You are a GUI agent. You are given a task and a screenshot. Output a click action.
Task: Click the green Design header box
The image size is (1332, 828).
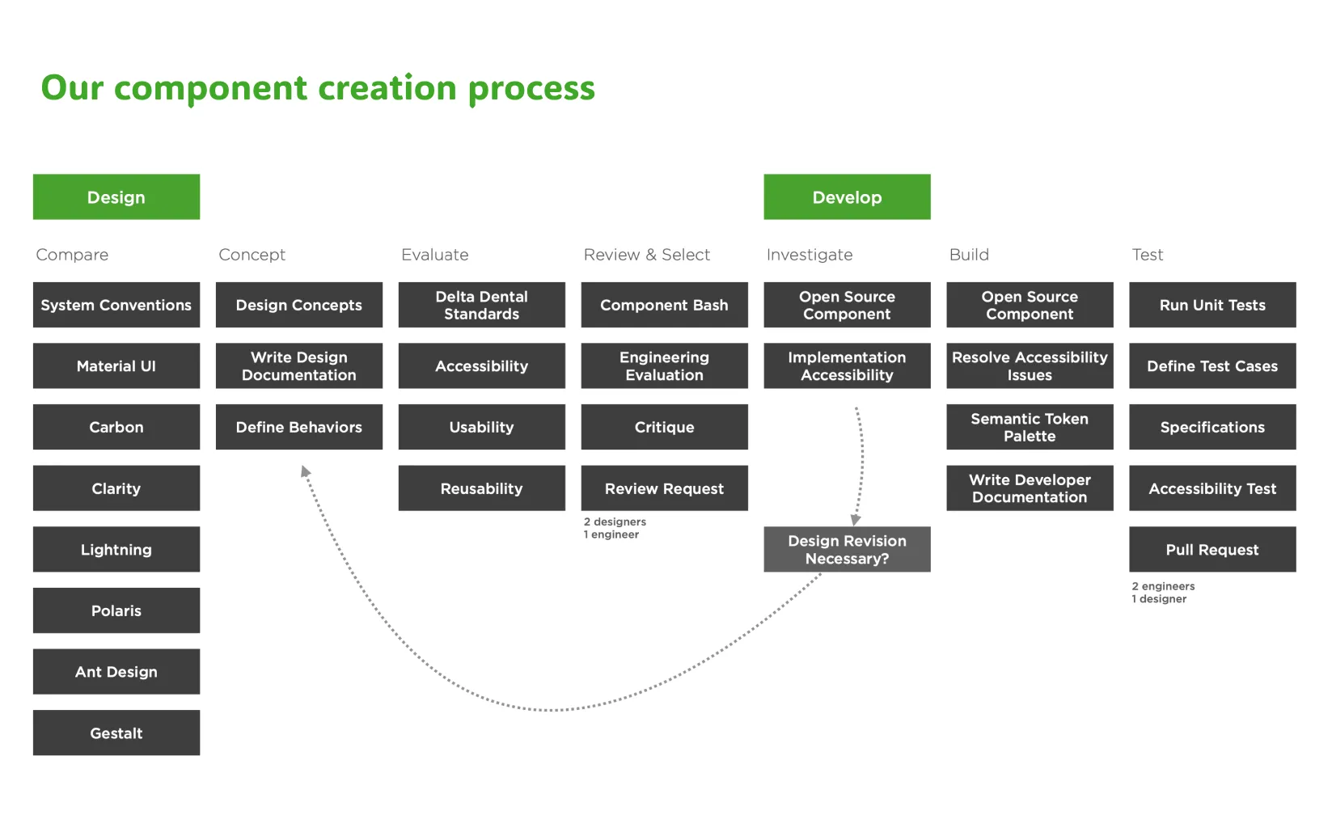pos(116,196)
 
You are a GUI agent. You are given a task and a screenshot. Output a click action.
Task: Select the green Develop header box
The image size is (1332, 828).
pos(846,196)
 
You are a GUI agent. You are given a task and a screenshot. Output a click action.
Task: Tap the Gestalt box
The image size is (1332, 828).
pos(116,733)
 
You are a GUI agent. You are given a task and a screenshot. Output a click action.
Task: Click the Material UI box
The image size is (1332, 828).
pos(116,365)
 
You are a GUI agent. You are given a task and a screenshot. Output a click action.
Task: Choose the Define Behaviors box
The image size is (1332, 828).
pos(298,427)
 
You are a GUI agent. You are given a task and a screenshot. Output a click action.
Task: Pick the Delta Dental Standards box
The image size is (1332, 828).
pos(481,305)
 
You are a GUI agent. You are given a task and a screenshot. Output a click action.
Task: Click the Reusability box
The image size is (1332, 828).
pos(481,488)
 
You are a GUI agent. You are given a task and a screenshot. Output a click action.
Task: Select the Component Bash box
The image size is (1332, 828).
pos(664,305)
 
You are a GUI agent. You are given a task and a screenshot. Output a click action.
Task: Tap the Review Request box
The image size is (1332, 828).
pos(664,488)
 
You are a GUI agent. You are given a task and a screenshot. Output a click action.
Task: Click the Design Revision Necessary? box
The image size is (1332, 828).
pos(846,549)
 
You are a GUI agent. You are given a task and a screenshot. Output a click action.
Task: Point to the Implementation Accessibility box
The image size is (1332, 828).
pos(846,365)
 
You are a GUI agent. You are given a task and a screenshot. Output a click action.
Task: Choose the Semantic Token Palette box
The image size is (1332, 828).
pos(1029,427)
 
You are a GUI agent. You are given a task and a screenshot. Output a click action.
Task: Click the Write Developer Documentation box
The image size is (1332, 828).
pos(1029,488)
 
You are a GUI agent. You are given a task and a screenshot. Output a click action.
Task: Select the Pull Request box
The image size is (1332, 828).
pos(1211,549)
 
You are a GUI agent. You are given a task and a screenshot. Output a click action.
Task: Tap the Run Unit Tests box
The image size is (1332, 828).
pos(1211,305)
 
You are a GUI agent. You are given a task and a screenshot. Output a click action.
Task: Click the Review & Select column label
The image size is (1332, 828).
pos(646,255)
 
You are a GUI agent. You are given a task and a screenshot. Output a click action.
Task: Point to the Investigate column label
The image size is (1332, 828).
pos(809,255)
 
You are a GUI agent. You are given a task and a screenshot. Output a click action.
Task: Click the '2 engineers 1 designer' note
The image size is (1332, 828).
pos(1162,593)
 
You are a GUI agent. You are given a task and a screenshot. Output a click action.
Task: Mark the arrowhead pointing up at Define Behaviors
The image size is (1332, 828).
pos(305,471)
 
